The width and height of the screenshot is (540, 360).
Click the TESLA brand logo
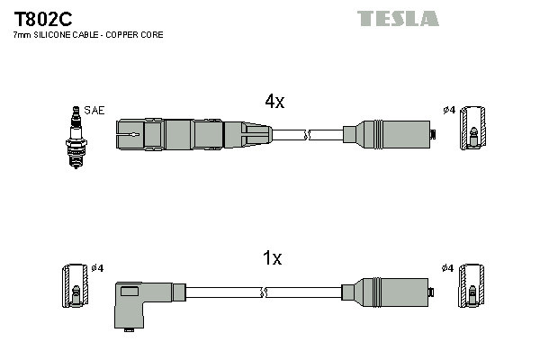click(398, 18)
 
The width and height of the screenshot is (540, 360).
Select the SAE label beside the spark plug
click(94, 111)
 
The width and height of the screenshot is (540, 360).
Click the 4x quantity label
click(274, 102)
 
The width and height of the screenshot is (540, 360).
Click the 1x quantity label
click(272, 259)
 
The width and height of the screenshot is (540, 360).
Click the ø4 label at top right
click(448, 111)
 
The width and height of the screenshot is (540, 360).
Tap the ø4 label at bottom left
click(97, 268)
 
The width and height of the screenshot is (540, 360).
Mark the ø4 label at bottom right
click(448, 268)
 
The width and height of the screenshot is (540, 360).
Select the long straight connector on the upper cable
click(193, 135)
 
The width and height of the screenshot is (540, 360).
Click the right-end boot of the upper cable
click(387, 135)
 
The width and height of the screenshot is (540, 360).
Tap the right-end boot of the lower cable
click(387, 292)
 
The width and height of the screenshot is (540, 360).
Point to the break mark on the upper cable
click(307, 135)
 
